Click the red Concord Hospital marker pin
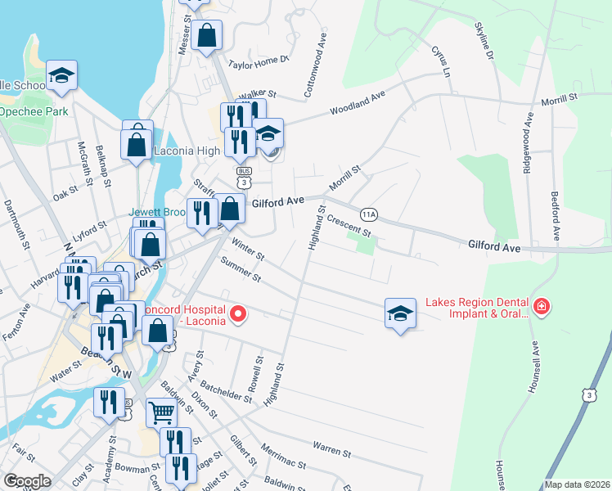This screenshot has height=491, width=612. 239,313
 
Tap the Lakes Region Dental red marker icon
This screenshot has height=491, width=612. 541,308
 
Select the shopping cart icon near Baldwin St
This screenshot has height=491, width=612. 161,413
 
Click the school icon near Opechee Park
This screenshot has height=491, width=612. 61,75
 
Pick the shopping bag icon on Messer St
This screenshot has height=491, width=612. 207,35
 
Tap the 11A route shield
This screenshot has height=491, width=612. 369,214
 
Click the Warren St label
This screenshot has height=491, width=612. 331,449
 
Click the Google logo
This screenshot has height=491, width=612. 26,480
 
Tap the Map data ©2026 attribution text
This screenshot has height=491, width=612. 576,484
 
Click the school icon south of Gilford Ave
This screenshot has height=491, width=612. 398,312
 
